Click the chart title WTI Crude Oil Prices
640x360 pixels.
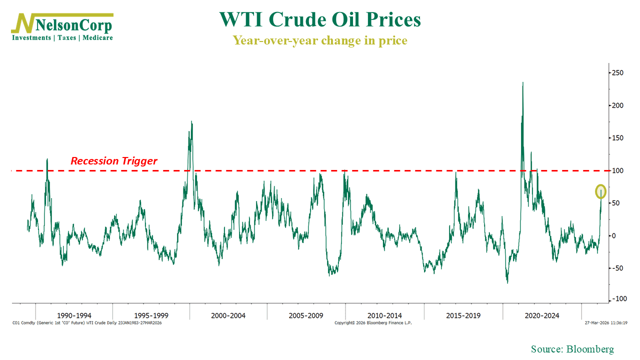[320, 20]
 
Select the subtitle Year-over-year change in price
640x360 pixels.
[320, 40]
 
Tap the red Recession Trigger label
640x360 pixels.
[114, 161]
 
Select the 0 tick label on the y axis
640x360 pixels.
[614, 235]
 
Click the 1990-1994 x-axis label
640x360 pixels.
[74, 315]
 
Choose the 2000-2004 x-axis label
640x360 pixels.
[228, 315]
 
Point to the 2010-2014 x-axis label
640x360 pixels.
[384, 315]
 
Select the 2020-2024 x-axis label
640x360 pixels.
[542, 315]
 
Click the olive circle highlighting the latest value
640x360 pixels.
[601, 191]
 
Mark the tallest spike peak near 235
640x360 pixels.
[523, 83]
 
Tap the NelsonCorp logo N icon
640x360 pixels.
[23, 24]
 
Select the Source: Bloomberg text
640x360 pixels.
[572, 349]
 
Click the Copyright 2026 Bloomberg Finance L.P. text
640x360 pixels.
[373, 323]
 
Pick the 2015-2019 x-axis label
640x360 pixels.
[463, 315]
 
